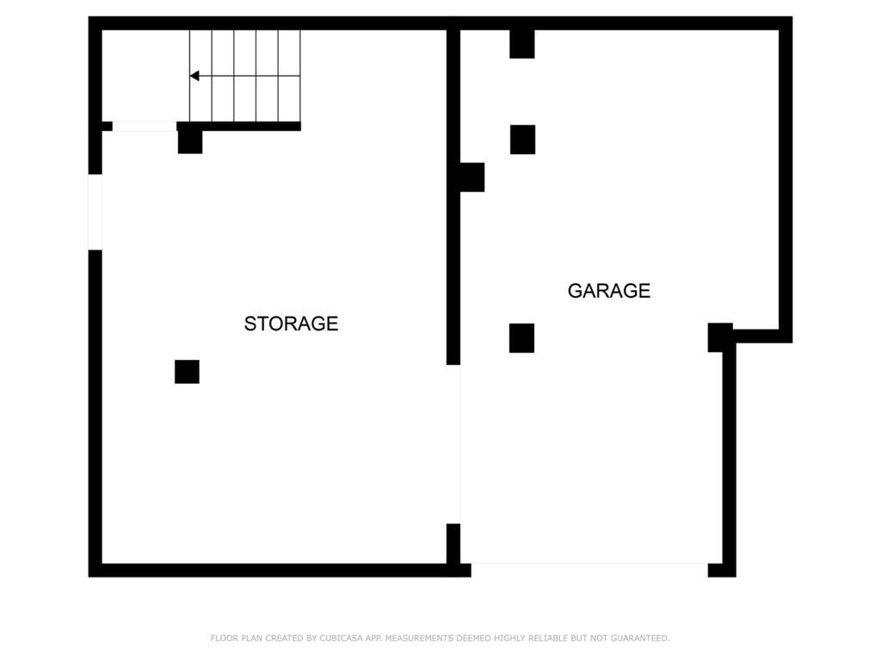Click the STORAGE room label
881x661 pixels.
(291, 324)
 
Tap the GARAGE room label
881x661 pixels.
(609, 291)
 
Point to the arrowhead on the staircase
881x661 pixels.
(194, 76)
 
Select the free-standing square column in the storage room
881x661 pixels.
(187, 372)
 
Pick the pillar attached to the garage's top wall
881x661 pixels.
(522, 44)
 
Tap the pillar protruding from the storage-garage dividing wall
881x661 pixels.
(472, 177)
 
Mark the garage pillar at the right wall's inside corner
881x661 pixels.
(720, 337)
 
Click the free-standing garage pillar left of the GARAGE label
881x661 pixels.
(522, 338)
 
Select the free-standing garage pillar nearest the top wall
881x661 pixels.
(522, 139)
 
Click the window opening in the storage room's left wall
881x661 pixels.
(95, 212)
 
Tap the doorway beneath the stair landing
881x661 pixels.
(145, 127)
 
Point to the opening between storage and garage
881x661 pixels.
(453, 444)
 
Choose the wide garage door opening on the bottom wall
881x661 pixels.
(589, 570)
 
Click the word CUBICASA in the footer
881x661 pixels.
(341, 638)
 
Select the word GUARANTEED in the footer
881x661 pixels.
(640, 638)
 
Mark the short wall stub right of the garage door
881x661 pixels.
(722, 570)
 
